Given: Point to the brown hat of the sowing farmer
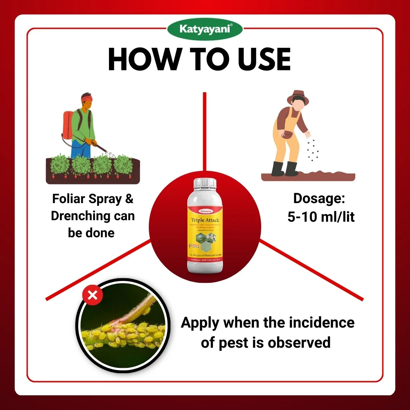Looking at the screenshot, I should (298, 98).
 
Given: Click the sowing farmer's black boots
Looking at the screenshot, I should (285, 169).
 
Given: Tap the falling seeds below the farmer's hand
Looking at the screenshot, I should (312, 150).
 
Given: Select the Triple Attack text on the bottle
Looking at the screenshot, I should (205, 220).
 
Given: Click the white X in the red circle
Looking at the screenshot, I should (92, 295).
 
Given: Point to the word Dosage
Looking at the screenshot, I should (319, 199).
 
